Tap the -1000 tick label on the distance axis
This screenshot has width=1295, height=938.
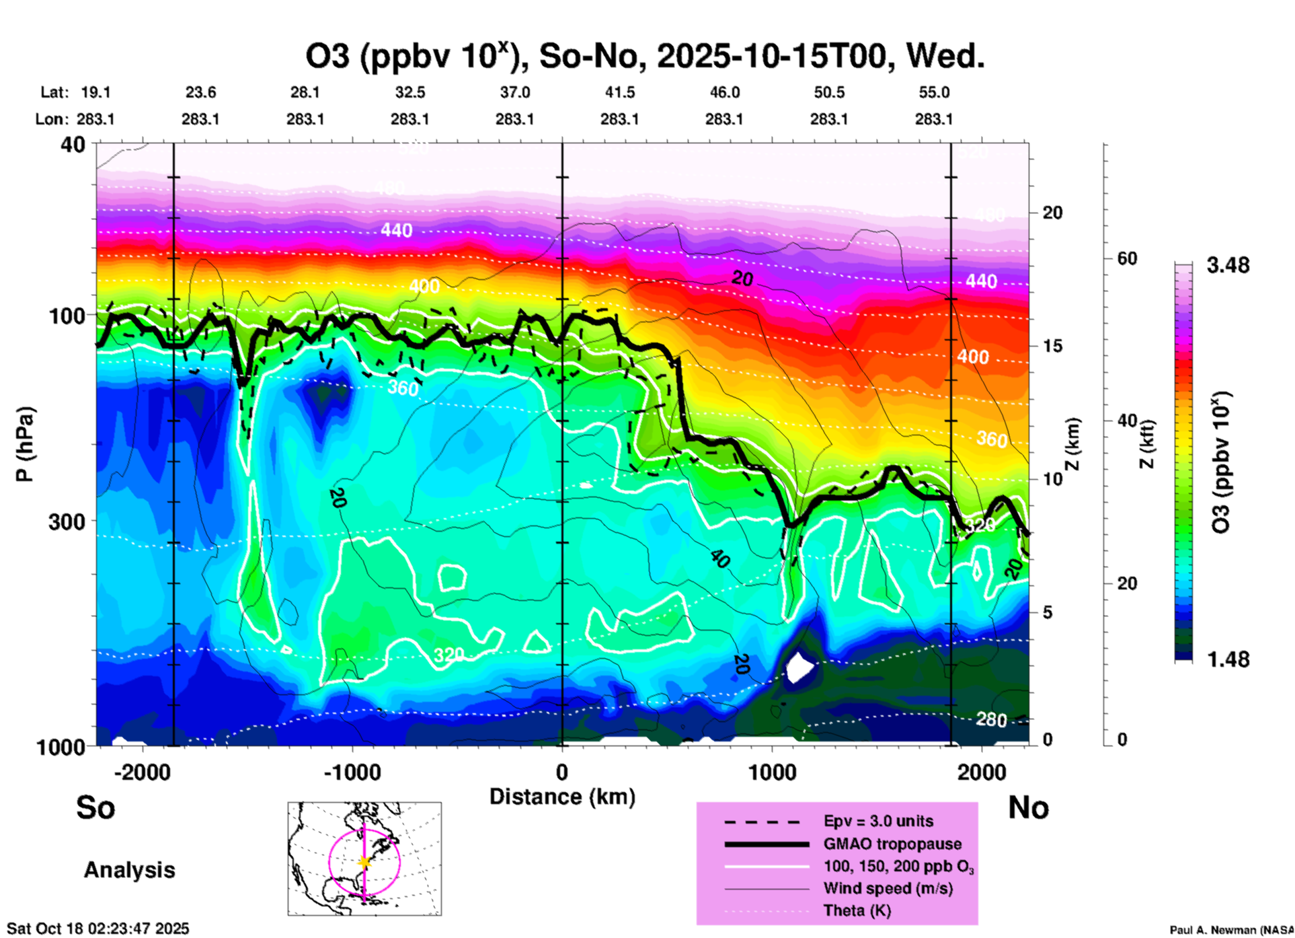[352, 772]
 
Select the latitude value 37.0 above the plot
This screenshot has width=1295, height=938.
[514, 93]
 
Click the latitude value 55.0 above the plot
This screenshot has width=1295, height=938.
[934, 93]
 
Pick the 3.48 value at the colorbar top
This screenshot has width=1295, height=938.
[1228, 266]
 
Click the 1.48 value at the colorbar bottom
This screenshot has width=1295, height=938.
[1228, 659]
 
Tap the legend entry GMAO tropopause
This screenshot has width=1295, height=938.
[892, 844]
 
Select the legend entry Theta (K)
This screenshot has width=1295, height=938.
[857, 911]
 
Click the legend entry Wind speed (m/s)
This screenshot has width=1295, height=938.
[888, 889]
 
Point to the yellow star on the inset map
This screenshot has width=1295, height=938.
[364, 862]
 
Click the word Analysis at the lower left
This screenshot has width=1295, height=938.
[129, 870]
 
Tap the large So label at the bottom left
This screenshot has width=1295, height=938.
[95, 807]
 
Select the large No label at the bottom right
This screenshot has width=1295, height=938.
[1028, 807]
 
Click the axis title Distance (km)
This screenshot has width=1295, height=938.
[562, 797]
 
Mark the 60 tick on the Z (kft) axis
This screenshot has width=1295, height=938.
[1127, 259]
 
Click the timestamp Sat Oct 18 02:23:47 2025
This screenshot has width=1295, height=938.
[98, 929]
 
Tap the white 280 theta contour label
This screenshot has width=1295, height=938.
[991, 720]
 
